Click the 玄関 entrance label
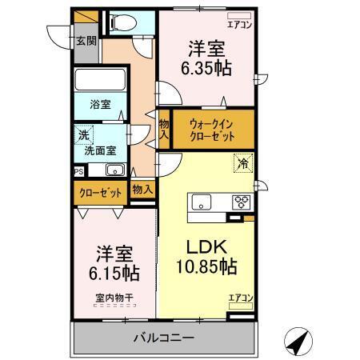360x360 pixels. (86, 42)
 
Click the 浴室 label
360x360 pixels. (99, 105)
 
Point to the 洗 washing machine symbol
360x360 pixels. (83, 135)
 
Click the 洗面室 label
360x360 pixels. (100, 150)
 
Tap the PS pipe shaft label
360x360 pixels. (78, 170)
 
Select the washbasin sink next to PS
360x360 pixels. (112, 169)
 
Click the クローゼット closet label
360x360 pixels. (99, 192)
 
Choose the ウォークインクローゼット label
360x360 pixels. (213, 130)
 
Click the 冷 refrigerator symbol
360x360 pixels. (242, 164)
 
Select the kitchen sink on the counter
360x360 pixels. (200, 202)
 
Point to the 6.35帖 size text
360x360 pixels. (206, 68)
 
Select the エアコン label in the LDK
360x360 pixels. (240, 298)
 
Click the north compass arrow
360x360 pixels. (298, 343)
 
